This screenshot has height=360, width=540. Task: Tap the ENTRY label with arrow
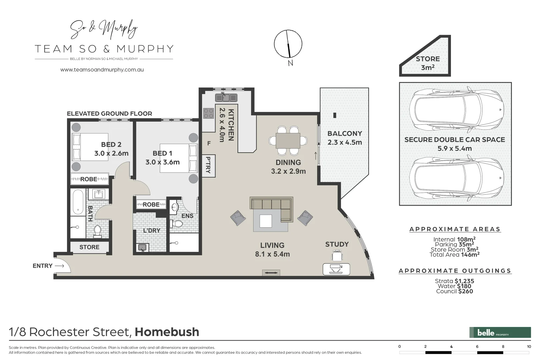[x=48, y=266]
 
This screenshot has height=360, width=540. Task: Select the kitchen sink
[x=226, y=98]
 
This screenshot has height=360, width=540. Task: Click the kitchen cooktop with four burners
[x=208, y=113]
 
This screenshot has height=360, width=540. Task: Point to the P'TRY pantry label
[x=208, y=165]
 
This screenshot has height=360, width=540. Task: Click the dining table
[x=288, y=141]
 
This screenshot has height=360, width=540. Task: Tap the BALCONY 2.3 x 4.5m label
[x=345, y=138]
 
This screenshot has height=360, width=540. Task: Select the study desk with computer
[x=336, y=268]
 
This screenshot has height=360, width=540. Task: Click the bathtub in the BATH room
[x=78, y=202]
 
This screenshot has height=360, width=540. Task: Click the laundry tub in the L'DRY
[x=143, y=247]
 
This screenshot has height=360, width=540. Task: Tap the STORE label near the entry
[x=89, y=247]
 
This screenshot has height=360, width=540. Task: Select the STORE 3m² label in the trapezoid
[x=427, y=63]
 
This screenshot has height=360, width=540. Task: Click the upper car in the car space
[x=456, y=109]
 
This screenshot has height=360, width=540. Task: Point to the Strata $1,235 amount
[x=464, y=281]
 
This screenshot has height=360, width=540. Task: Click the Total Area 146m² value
[x=470, y=255]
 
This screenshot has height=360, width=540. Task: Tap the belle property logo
[x=500, y=332]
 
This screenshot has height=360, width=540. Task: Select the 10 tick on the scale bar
[x=529, y=347]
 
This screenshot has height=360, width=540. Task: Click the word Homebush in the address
[x=167, y=332]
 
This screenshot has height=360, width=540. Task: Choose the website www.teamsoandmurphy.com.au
[x=102, y=70]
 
